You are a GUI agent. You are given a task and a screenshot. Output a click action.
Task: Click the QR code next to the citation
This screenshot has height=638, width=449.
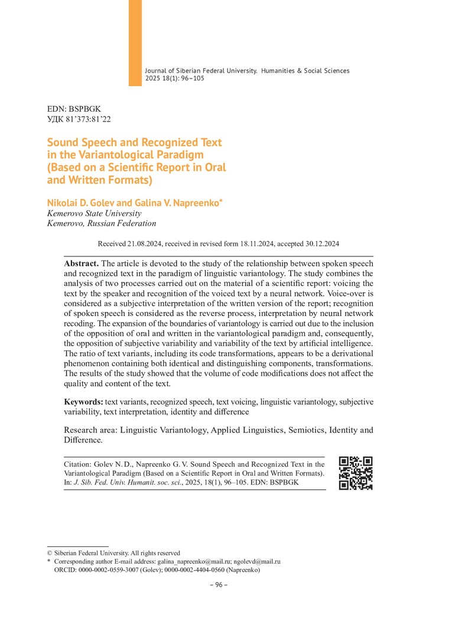pyautogui.click(x=356, y=473)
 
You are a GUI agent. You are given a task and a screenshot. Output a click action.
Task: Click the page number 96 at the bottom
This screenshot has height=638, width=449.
pyautogui.click(x=219, y=585)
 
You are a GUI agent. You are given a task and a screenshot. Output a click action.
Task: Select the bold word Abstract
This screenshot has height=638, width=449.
pyautogui.click(x=82, y=262)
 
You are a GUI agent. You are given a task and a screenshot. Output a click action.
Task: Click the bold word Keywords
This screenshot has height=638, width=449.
pyautogui.click(x=83, y=402)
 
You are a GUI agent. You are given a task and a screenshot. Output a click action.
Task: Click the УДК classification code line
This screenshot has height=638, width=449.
pyautogui.click(x=79, y=119)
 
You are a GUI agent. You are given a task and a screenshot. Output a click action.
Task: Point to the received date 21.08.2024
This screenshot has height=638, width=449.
pyautogui.click(x=144, y=243)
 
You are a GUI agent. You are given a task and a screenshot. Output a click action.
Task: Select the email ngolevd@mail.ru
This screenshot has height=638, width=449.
pyautogui.click(x=256, y=561)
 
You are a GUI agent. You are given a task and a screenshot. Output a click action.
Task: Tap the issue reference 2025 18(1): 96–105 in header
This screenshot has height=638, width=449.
pyautogui.click(x=174, y=78)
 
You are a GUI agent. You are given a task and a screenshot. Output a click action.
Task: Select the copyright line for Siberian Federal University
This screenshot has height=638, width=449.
pyautogui.click(x=113, y=553)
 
